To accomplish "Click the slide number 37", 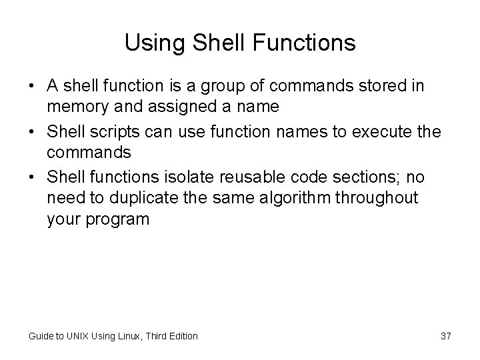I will click(x=445, y=336).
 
